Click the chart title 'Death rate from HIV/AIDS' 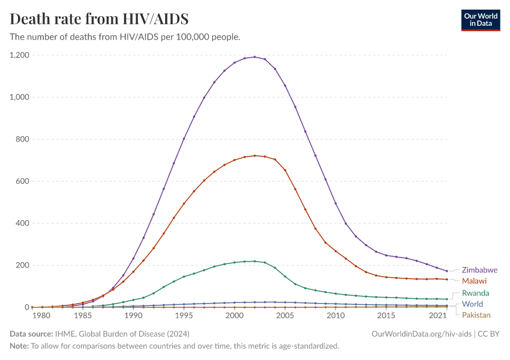click(100, 19)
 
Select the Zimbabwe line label click(479, 270)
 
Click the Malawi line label click(473, 281)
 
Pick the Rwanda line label click(475, 293)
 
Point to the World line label click(472, 304)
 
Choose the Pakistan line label click(476, 315)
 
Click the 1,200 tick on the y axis click(19, 55)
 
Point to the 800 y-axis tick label click(23, 139)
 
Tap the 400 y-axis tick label click(23, 223)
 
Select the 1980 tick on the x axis click(41, 316)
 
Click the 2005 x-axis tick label click(285, 316)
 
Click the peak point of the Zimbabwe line click(254, 57)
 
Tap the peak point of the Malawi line click(254, 155)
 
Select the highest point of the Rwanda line click(254, 261)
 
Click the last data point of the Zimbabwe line click(447, 271)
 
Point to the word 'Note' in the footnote click(20, 346)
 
